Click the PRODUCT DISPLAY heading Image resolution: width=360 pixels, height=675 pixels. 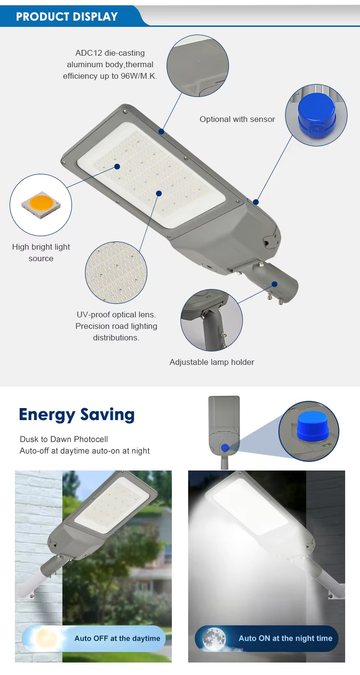(67, 16)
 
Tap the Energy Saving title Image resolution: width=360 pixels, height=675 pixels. (76, 415)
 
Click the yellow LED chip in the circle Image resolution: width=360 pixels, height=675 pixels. (41, 205)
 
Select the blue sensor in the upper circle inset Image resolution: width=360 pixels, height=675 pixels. (316, 115)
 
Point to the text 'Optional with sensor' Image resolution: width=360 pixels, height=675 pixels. (237, 119)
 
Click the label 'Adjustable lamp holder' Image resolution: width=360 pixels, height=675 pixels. (212, 362)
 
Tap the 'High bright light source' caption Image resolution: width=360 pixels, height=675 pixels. (41, 253)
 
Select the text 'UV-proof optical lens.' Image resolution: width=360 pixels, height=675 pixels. (116, 314)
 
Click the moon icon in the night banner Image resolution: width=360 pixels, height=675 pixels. (214, 638)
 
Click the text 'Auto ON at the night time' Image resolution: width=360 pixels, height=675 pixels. (286, 638)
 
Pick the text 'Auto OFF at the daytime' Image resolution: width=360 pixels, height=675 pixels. (117, 638)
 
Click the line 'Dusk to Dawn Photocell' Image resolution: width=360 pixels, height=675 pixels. (63, 439)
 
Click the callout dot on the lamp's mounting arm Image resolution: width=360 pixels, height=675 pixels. (275, 284)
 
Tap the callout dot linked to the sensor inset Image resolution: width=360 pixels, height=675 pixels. (256, 202)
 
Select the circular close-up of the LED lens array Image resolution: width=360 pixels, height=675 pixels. (116, 272)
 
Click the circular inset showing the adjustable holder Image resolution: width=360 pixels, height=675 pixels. (212, 320)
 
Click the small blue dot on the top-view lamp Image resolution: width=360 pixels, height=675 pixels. (225, 448)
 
